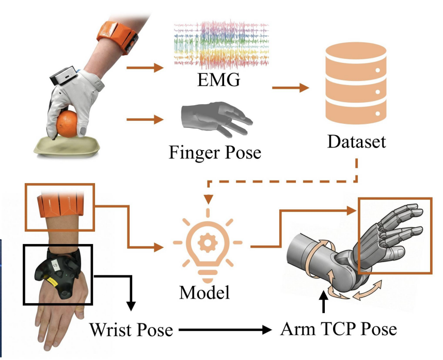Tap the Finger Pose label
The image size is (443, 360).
click(214, 152)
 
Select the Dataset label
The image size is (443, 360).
click(357, 141)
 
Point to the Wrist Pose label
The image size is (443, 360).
click(130, 329)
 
